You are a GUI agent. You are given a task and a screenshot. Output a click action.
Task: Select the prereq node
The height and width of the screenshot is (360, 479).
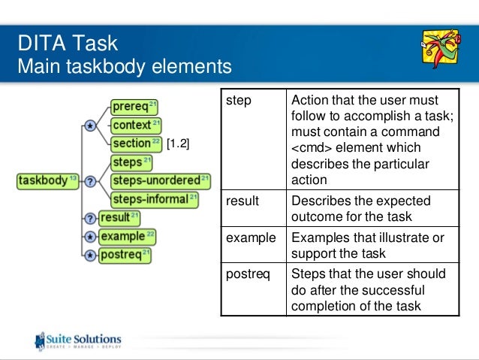tap(134, 107)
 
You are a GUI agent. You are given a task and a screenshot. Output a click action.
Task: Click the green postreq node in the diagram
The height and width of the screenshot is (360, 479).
tap(125, 255)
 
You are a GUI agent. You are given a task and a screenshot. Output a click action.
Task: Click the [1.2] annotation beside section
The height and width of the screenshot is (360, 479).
tap(177, 144)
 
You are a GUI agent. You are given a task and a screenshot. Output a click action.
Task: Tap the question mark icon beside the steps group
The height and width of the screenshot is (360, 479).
tap(90, 181)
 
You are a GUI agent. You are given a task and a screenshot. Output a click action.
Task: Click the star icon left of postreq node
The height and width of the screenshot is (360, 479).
tap(90, 256)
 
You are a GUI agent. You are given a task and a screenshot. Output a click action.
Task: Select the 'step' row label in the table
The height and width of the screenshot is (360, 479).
tap(239, 101)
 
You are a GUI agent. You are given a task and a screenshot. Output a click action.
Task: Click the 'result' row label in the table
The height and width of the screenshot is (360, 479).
tap(242, 201)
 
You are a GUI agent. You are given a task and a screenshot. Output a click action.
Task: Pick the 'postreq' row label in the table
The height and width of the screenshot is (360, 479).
tap(246, 274)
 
